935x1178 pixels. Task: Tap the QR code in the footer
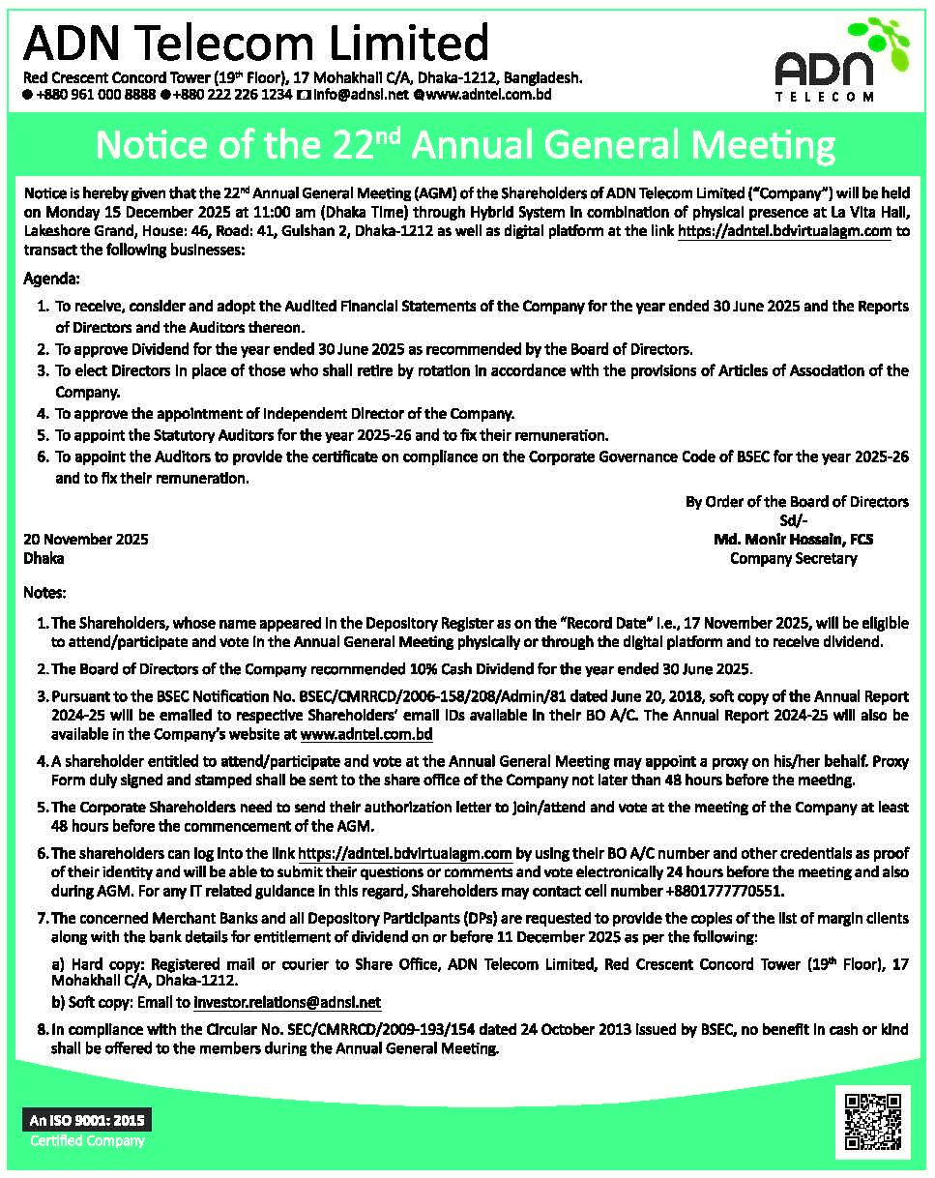(x=872, y=1123)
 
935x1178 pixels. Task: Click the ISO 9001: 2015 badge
(x=87, y=1121)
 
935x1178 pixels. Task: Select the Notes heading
(x=44, y=592)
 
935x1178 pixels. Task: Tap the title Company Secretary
(x=793, y=558)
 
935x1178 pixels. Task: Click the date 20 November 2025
(x=86, y=540)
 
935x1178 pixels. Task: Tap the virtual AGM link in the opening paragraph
(x=784, y=232)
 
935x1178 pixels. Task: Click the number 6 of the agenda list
(x=43, y=456)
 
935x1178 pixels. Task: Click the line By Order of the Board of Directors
(x=797, y=502)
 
